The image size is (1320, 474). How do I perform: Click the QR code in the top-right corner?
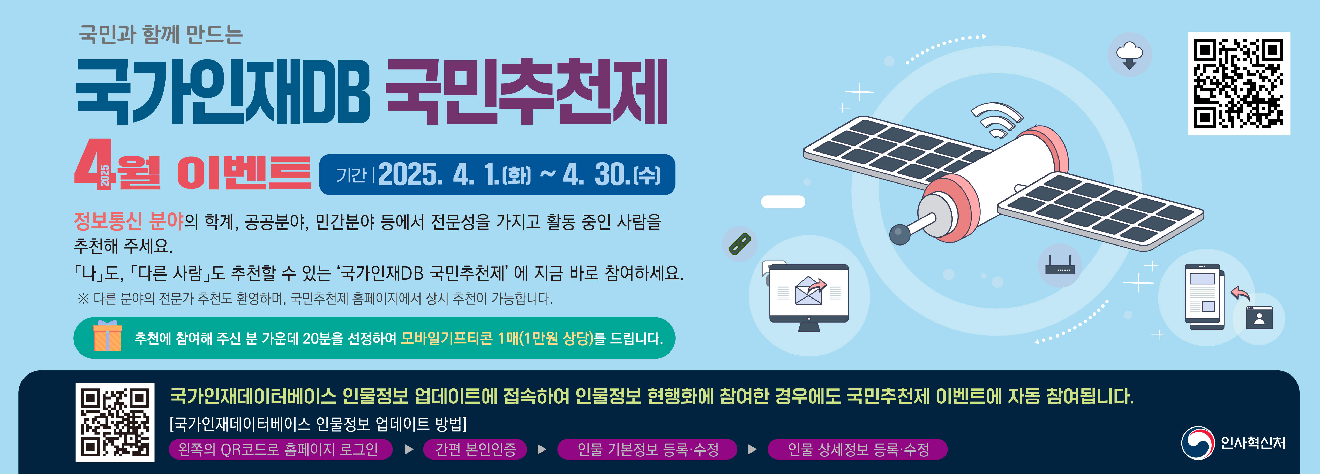1239,84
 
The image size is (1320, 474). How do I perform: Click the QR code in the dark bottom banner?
115,422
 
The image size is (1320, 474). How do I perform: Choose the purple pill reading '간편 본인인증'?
475,449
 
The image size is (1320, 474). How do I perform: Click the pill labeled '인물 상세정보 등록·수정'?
858,449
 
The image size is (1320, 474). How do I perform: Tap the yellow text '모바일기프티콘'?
447,338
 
